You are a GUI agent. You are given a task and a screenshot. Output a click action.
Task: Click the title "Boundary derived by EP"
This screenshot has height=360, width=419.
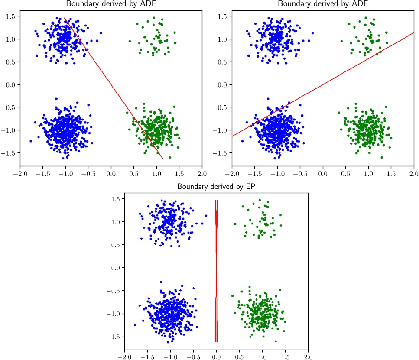(216, 187)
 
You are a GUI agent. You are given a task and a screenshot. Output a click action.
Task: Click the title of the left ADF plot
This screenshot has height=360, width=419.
(111, 4)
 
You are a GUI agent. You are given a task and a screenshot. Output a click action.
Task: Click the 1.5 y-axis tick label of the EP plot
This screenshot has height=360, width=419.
(116, 199)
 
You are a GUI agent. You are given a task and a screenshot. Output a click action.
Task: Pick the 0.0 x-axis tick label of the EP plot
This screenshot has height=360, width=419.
(216, 357)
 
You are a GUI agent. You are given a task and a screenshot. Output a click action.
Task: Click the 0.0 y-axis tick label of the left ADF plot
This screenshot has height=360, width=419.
(11, 84)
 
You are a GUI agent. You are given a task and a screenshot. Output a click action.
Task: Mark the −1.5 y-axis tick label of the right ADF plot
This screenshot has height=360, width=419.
(221, 153)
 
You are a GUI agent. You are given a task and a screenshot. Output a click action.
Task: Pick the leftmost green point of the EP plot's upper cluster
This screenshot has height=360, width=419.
(235, 224)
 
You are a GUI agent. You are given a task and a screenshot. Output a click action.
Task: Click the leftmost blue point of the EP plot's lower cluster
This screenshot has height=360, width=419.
(135, 324)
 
